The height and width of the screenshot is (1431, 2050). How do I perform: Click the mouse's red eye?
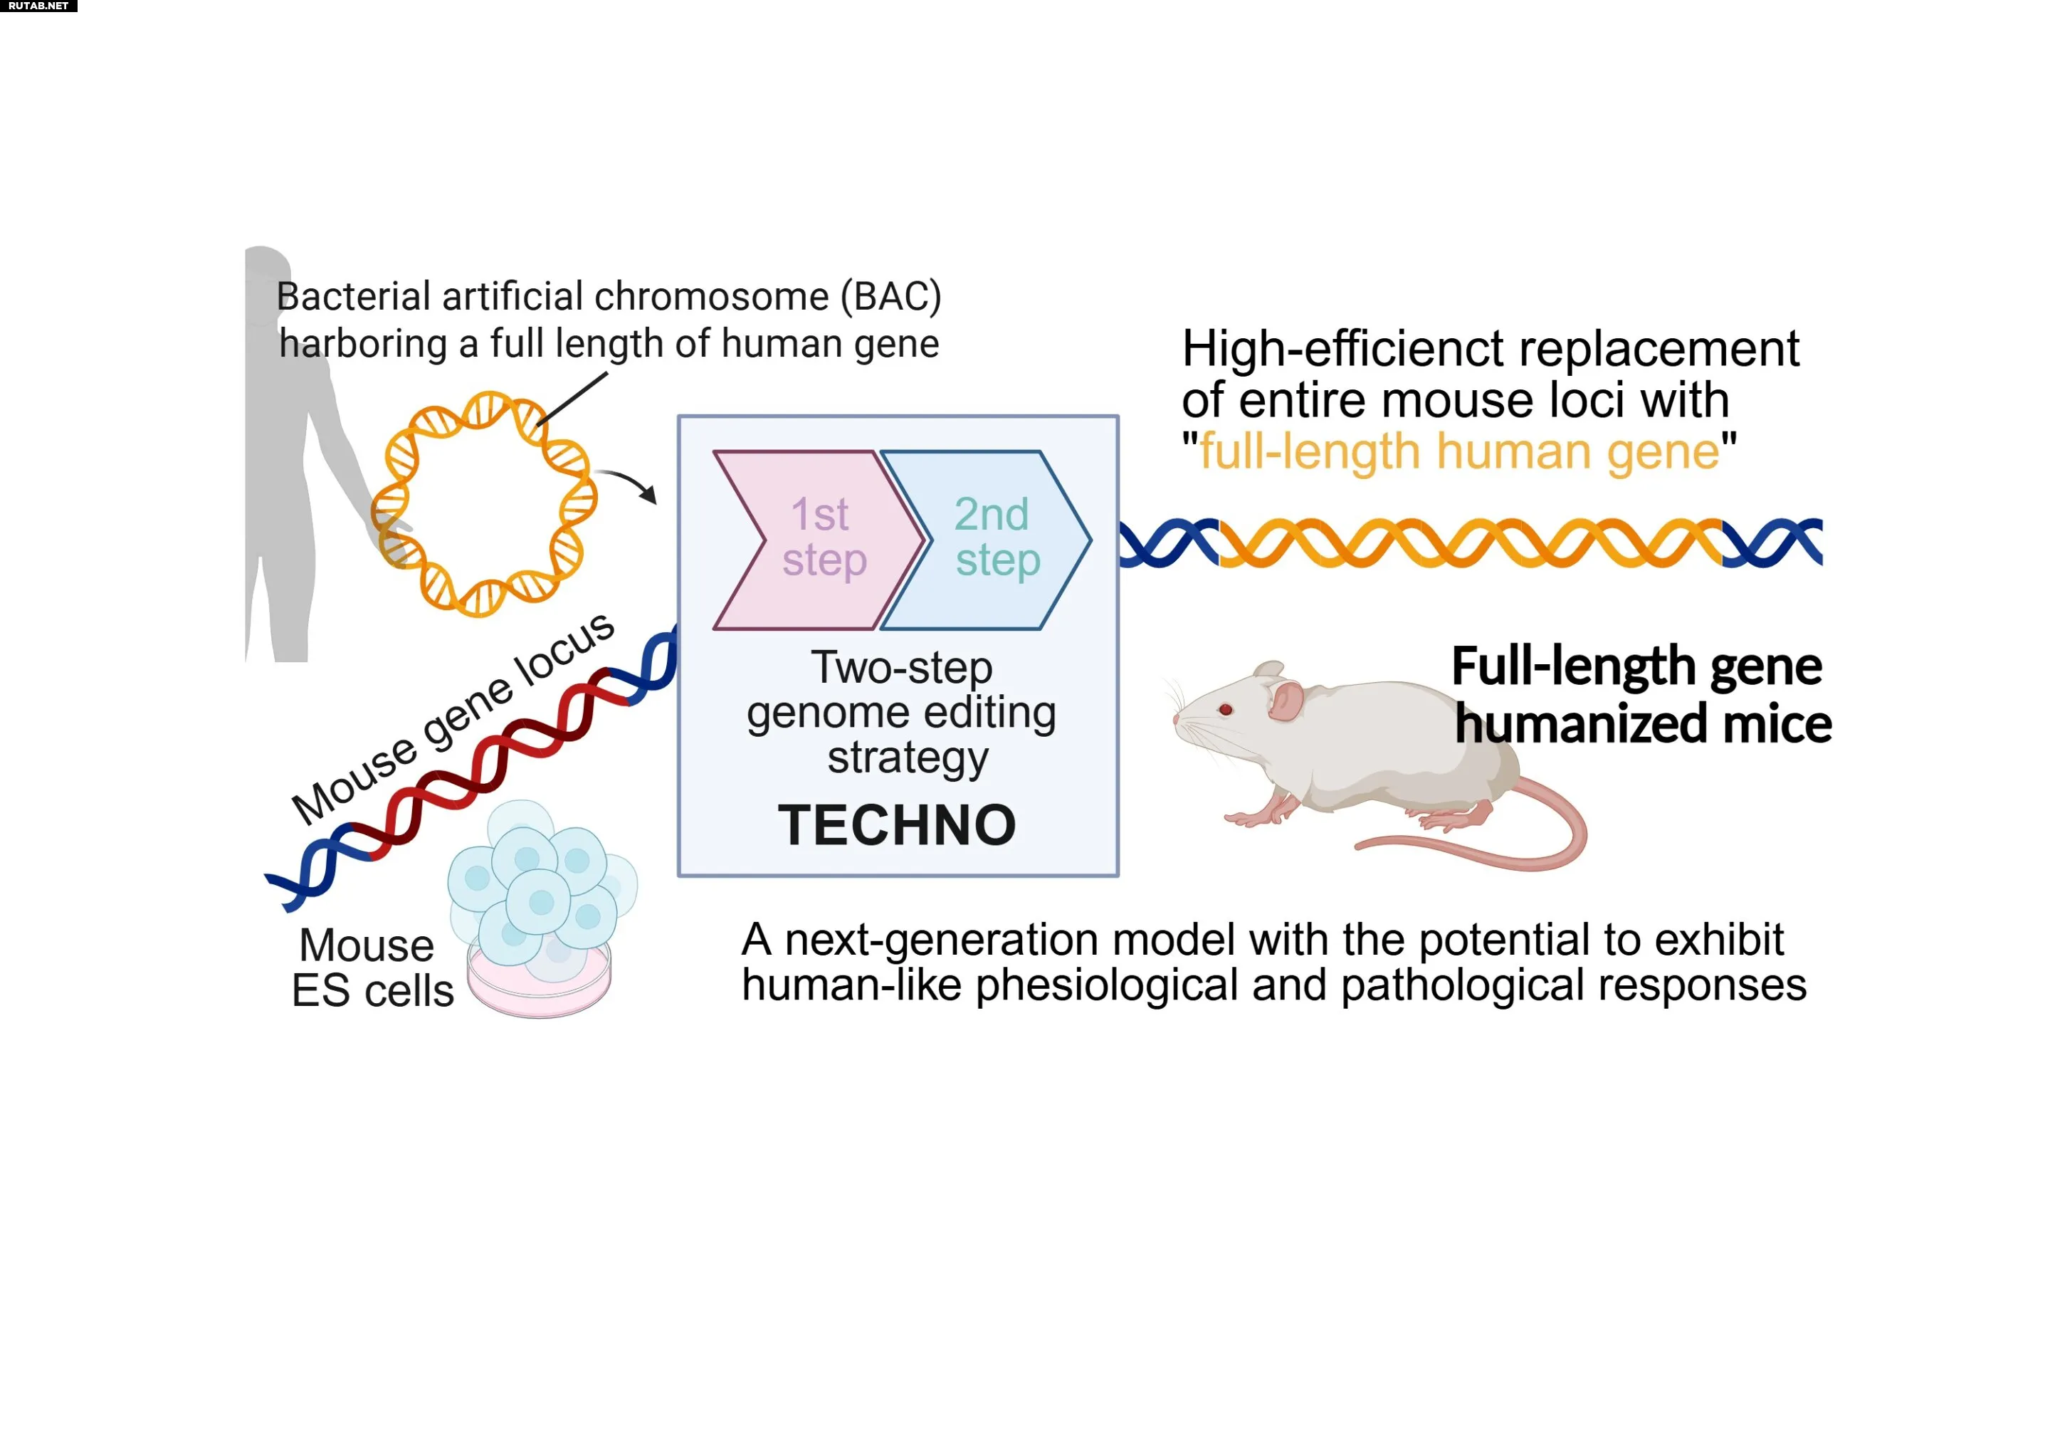pyautogui.click(x=1226, y=709)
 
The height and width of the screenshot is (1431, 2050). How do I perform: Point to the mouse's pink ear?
pyautogui.click(x=1285, y=701)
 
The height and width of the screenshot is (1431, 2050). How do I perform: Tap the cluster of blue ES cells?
pyautogui.click(x=540, y=884)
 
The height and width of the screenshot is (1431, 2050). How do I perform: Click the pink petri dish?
pyautogui.click(x=540, y=992)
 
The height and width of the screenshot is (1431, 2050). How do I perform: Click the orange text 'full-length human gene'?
pyautogui.click(x=1459, y=451)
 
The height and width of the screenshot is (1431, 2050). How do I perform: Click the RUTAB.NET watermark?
pyautogui.click(x=38, y=6)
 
